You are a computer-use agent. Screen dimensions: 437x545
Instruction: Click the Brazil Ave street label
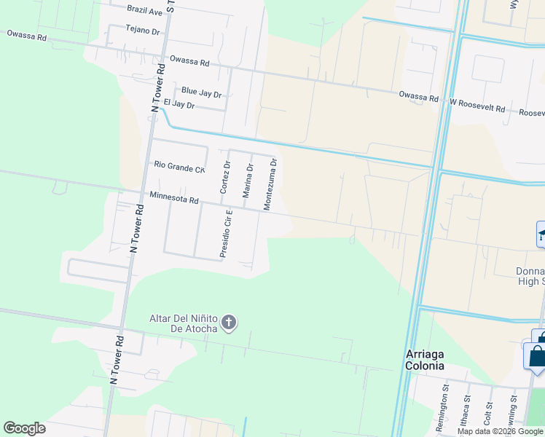point(144,11)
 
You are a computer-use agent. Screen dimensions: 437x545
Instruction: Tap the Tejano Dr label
point(142,31)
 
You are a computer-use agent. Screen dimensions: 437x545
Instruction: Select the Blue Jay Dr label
point(201,91)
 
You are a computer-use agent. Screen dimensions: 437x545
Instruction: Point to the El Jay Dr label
point(179,105)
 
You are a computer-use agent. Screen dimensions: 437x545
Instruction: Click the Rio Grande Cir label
point(179,166)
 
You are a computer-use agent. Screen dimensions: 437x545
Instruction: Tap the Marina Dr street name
point(248,178)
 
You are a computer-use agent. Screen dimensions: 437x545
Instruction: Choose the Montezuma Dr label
point(270,184)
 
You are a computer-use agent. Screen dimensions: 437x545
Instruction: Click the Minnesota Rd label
point(173,197)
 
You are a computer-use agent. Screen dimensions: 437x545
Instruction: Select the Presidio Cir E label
point(226,234)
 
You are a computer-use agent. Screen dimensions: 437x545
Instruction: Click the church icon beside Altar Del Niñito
point(229,323)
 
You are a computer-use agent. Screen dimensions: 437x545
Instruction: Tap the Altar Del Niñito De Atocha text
point(183,323)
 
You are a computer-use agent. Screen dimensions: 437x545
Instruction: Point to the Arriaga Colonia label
point(425,360)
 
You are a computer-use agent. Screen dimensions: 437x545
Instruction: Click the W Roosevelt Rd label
point(477,107)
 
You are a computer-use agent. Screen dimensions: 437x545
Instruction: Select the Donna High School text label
point(530,276)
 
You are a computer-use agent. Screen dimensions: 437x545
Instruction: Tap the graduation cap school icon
point(541,235)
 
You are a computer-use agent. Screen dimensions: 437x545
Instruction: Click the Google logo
point(24,428)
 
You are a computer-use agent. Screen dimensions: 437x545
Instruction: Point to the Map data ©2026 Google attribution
point(501,431)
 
